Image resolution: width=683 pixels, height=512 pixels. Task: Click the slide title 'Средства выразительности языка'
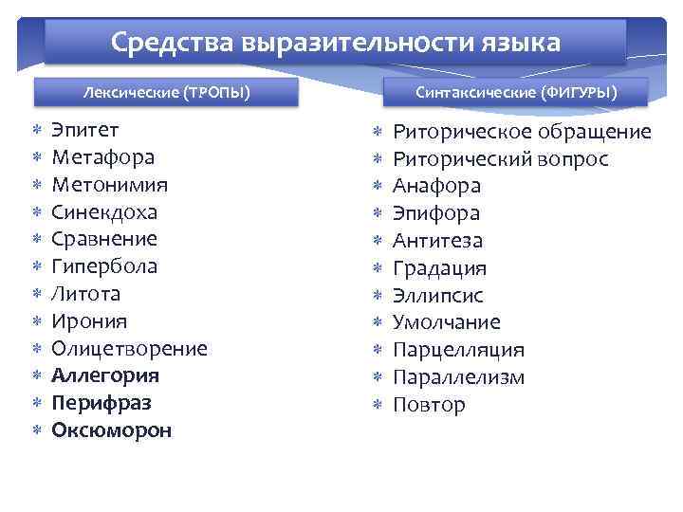(x=335, y=43)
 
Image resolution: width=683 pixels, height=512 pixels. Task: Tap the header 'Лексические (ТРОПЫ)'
(x=167, y=92)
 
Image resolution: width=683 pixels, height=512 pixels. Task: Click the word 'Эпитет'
(x=85, y=130)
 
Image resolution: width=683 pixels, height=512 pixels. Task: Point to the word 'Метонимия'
(x=110, y=184)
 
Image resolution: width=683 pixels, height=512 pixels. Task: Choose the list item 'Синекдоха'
(x=104, y=211)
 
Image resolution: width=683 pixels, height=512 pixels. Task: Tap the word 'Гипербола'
(x=104, y=266)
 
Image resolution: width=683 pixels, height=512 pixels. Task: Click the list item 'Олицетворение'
(x=129, y=348)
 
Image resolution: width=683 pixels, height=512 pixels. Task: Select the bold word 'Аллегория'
(x=105, y=375)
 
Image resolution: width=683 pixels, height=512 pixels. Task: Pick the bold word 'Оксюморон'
(x=112, y=430)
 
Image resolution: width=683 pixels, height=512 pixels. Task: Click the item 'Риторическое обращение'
(x=522, y=132)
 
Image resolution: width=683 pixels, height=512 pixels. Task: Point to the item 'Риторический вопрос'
(x=501, y=158)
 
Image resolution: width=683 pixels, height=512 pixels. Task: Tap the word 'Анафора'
(x=437, y=186)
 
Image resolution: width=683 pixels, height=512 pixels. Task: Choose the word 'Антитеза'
(x=438, y=241)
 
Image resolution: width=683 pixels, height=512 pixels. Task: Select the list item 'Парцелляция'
(x=459, y=350)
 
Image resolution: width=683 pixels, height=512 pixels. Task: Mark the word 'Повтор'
(x=430, y=405)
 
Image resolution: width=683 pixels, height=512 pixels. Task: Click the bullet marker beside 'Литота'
(x=35, y=294)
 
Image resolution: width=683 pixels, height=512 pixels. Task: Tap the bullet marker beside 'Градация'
(x=377, y=268)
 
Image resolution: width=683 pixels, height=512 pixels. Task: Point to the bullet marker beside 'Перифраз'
(x=35, y=403)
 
